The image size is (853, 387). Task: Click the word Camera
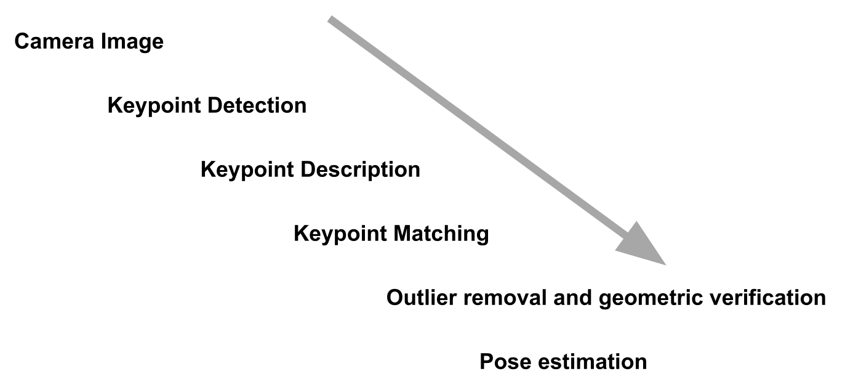click(x=52, y=42)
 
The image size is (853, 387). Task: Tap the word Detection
click(x=257, y=105)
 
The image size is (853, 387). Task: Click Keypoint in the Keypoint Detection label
click(x=154, y=106)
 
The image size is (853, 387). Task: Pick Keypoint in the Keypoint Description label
click(x=247, y=170)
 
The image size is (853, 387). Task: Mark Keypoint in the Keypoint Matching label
click(x=340, y=234)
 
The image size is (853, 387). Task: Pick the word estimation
click(x=592, y=361)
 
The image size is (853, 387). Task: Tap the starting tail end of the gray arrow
click(x=331, y=20)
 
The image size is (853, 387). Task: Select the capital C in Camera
click(x=22, y=42)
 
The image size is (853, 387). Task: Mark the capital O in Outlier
click(x=395, y=298)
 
